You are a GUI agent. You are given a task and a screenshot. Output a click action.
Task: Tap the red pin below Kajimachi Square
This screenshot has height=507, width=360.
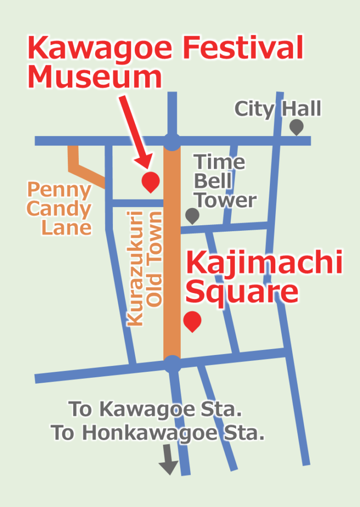192,321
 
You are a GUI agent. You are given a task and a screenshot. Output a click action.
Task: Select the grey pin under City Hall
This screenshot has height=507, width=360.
296,126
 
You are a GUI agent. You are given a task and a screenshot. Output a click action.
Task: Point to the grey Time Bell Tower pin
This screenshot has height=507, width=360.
192,215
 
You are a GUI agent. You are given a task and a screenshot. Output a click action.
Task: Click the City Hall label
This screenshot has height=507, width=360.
278,108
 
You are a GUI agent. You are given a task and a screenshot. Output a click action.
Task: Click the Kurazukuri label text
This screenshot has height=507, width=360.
135,268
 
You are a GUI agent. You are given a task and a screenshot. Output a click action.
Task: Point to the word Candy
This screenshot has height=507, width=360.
59,208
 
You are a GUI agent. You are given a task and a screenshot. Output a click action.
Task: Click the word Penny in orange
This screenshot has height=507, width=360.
59,190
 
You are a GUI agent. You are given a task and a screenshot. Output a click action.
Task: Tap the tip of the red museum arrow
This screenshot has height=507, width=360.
147,166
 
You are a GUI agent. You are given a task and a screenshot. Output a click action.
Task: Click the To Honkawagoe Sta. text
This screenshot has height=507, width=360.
158,433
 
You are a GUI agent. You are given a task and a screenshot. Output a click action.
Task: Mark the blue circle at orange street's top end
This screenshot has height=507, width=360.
172,141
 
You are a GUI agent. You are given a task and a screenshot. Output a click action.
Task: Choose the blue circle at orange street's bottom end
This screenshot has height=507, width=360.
172,365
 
